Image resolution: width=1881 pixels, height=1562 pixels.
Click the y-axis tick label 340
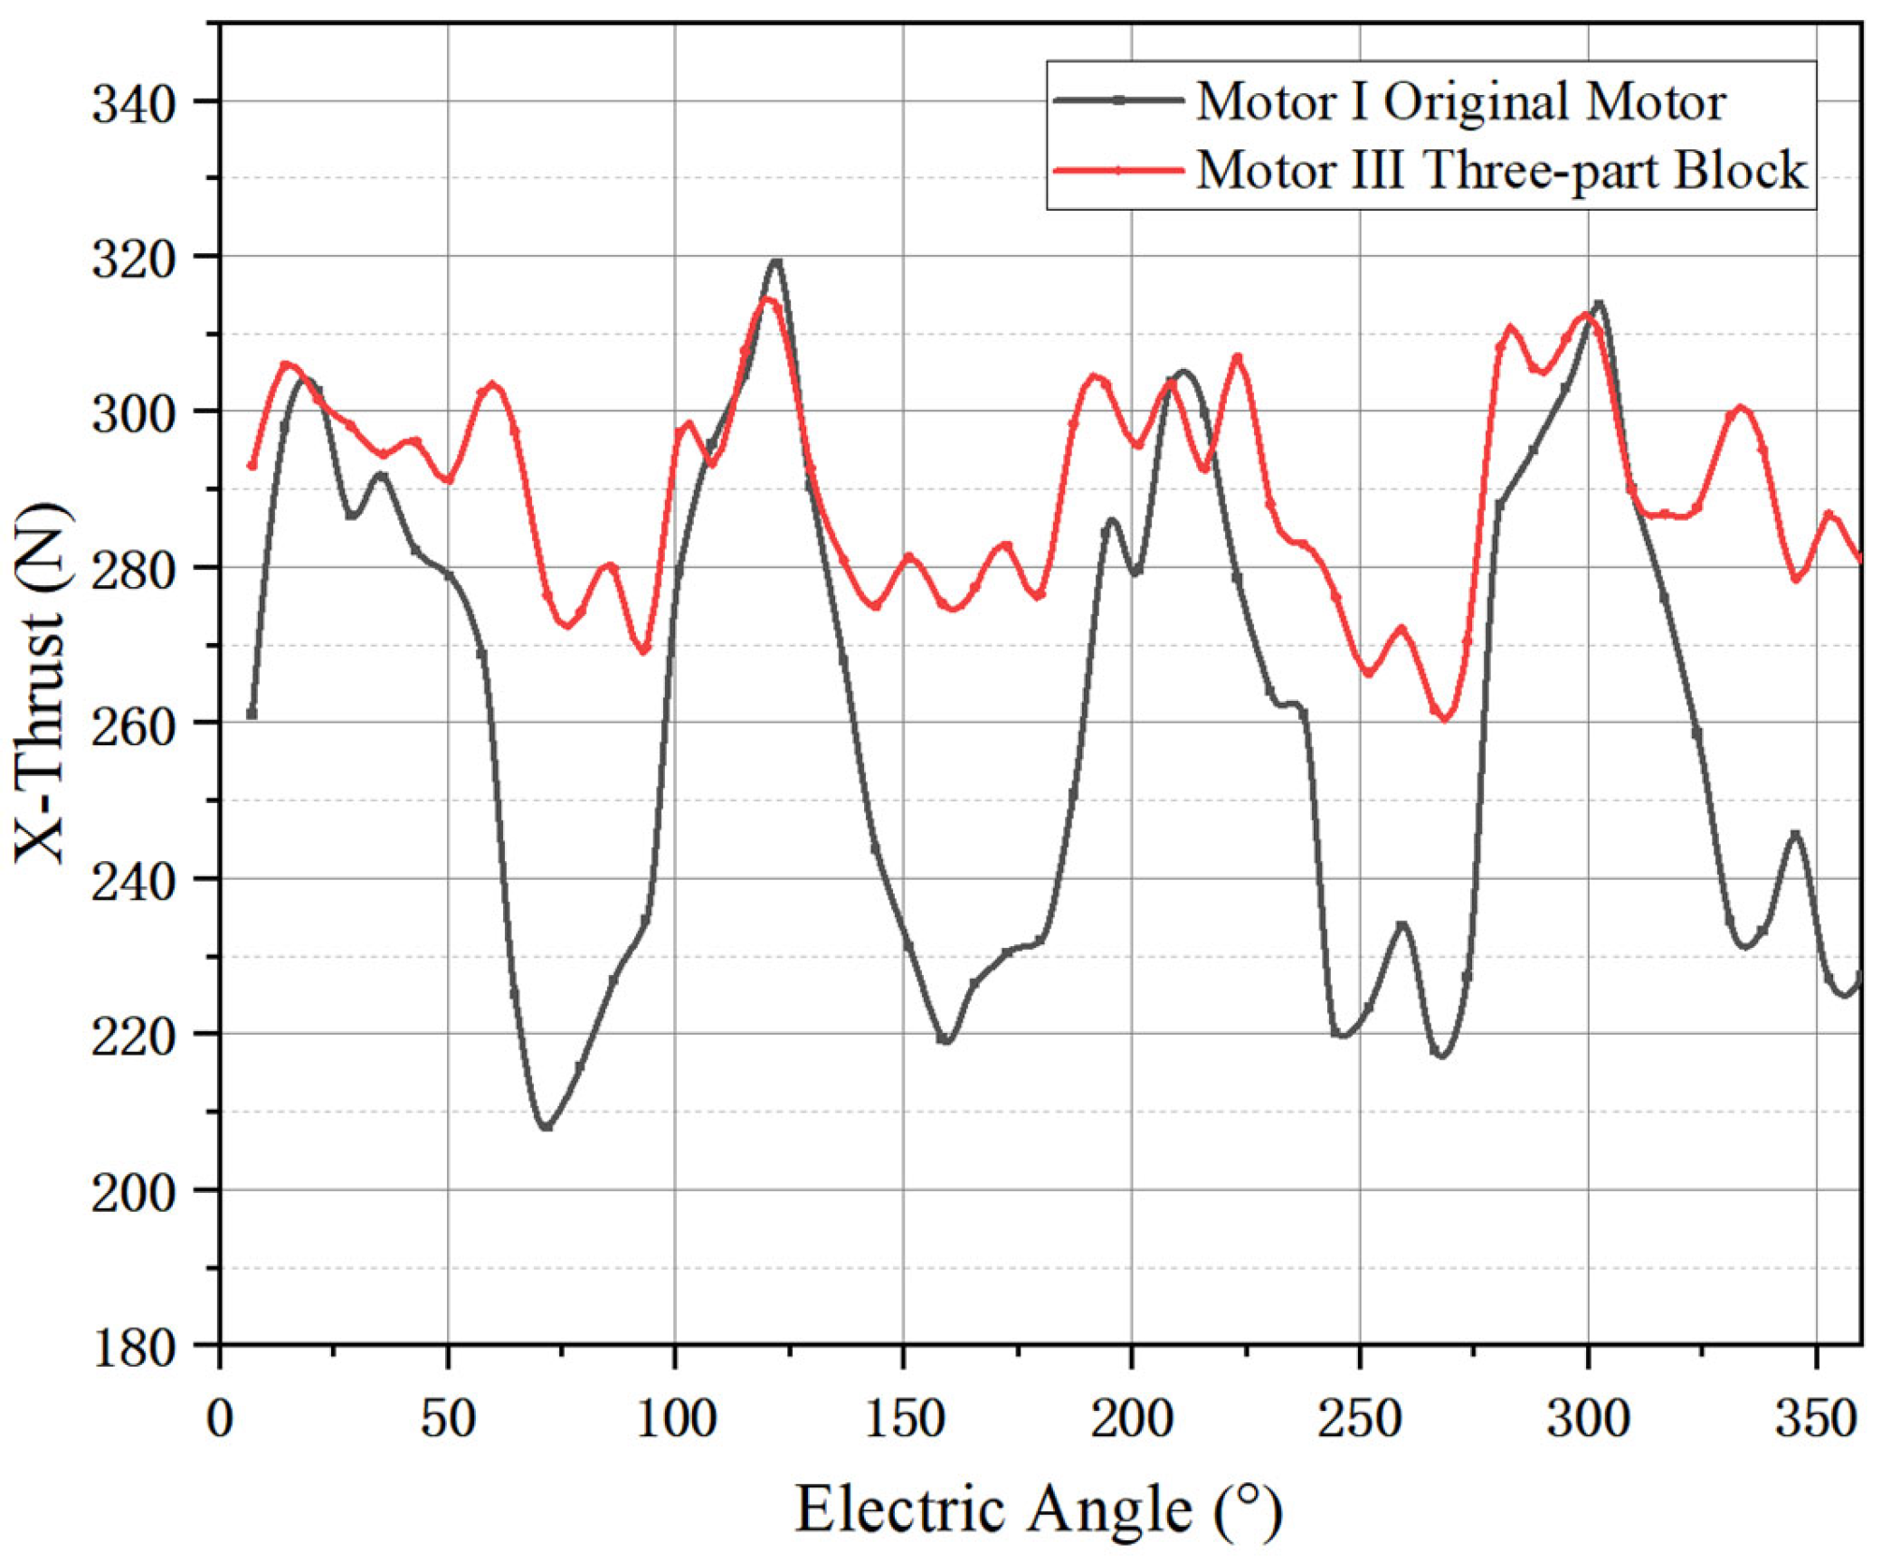click(x=133, y=105)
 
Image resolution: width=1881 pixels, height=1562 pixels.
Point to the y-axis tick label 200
click(x=133, y=1194)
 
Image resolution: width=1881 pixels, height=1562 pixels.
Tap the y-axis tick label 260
click(x=133, y=726)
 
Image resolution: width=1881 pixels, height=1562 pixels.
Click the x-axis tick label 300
click(x=1588, y=1417)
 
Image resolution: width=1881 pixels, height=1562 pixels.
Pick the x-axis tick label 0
click(x=220, y=1417)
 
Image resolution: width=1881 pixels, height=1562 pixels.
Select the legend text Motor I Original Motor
click(x=1460, y=101)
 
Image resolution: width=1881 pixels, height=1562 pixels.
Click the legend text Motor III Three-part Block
click(x=1501, y=170)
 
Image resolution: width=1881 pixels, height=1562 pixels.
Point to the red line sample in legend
click(x=1118, y=170)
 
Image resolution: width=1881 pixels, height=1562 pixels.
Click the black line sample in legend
click(x=1118, y=100)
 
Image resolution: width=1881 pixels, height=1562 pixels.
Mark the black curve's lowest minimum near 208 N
click(x=546, y=1126)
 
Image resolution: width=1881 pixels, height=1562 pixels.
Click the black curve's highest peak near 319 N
click(x=775, y=261)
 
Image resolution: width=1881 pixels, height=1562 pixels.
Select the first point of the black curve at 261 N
click(x=252, y=715)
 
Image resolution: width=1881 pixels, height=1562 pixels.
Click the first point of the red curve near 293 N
click(x=252, y=466)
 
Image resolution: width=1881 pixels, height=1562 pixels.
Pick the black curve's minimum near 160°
click(x=945, y=1040)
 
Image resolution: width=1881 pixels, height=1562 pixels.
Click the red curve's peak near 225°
click(x=1238, y=357)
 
